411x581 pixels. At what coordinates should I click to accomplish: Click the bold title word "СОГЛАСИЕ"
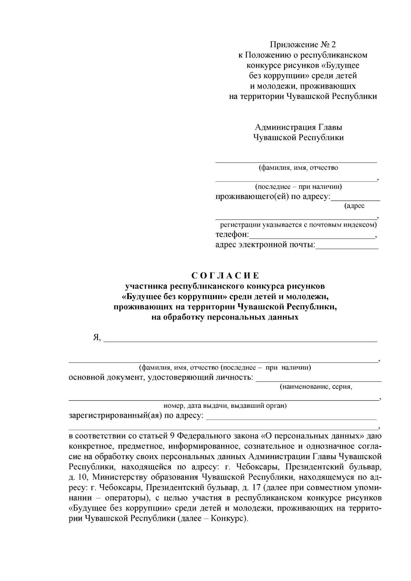pos(225,276)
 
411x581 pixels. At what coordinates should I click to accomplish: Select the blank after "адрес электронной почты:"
pos(347,246)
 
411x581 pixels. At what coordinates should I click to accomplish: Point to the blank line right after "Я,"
pos(240,339)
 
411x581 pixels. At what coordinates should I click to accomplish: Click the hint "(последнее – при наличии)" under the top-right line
pos(298,187)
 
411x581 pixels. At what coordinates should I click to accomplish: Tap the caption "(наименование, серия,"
pos(316,387)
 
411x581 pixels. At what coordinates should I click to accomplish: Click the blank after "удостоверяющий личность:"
pos(319,378)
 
